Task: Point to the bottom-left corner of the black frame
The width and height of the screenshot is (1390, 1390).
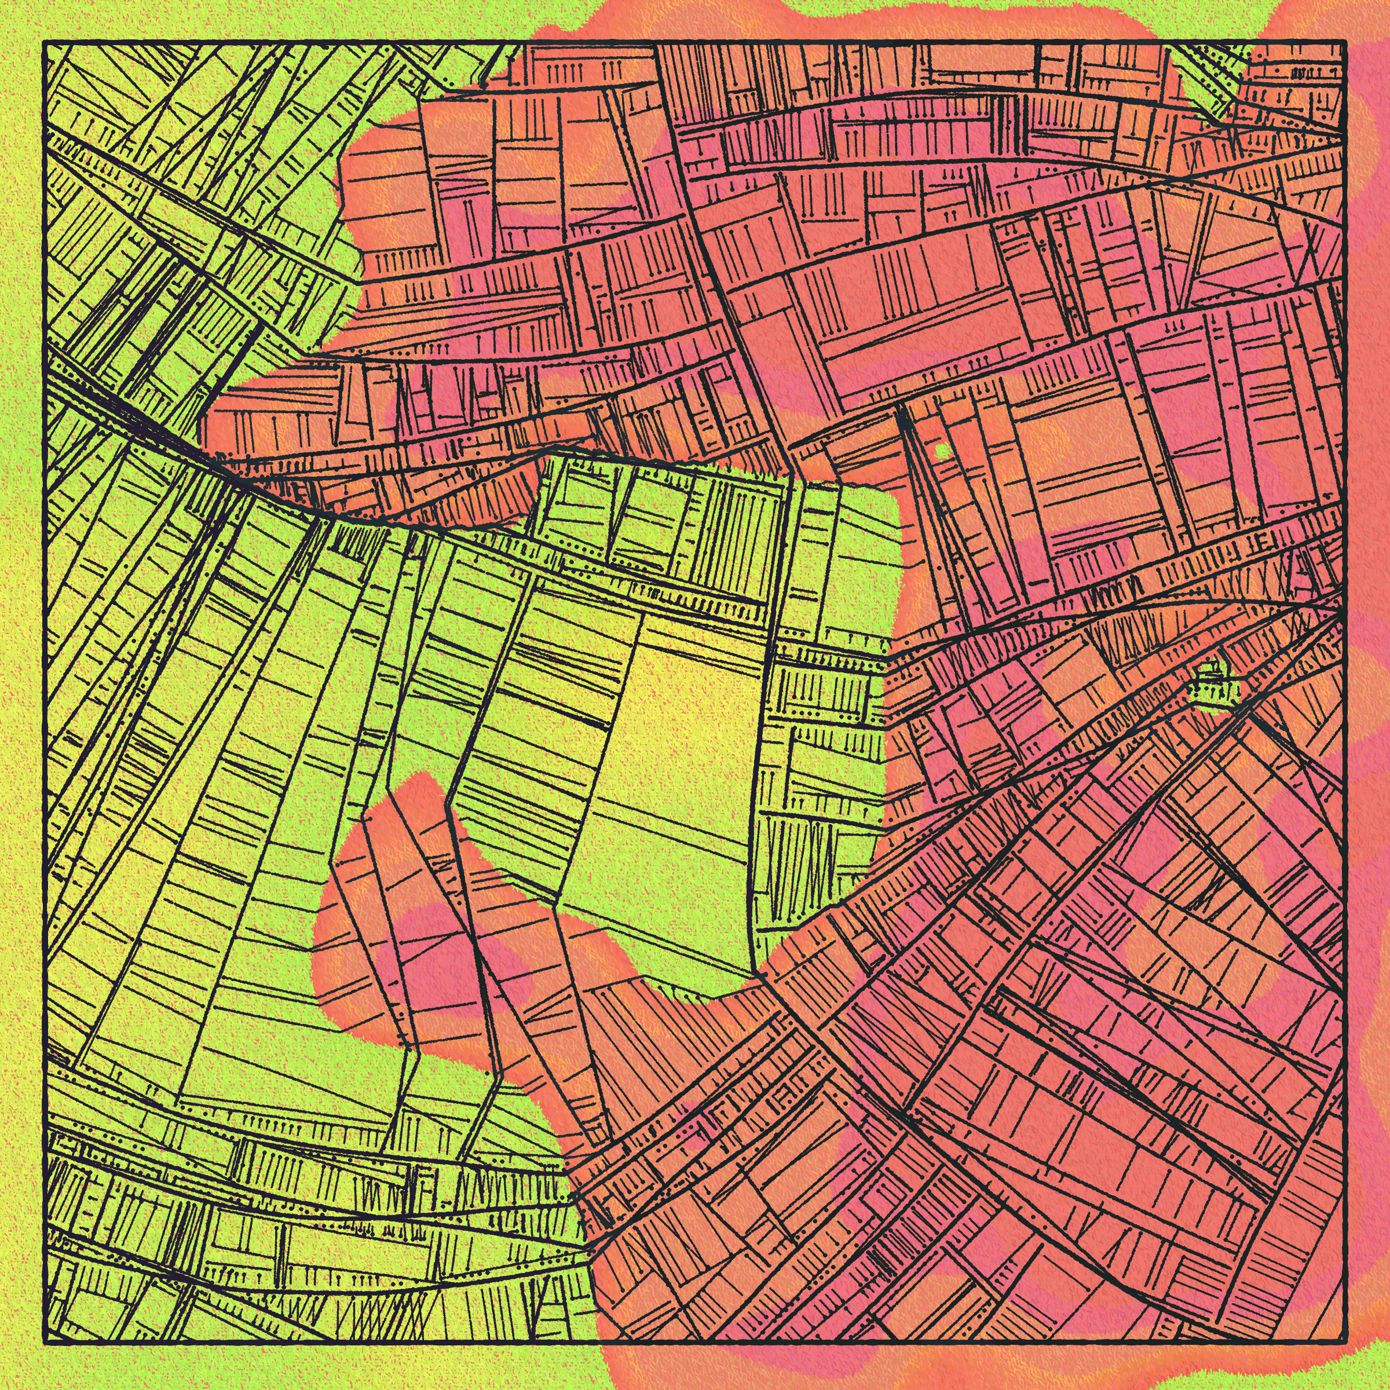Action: pyautogui.click(x=45, y=1343)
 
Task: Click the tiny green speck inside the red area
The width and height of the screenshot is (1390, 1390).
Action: pyautogui.click(x=942, y=451)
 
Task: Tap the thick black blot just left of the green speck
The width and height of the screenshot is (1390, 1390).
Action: pyautogui.click(x=908, y=431)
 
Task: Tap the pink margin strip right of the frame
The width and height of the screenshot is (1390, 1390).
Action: pyautogui.click(x=1367, y=504)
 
